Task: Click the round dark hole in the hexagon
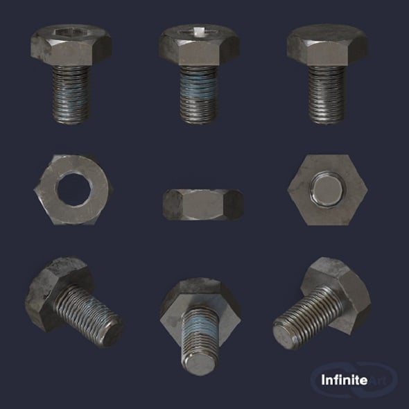[x=71, y=189]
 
